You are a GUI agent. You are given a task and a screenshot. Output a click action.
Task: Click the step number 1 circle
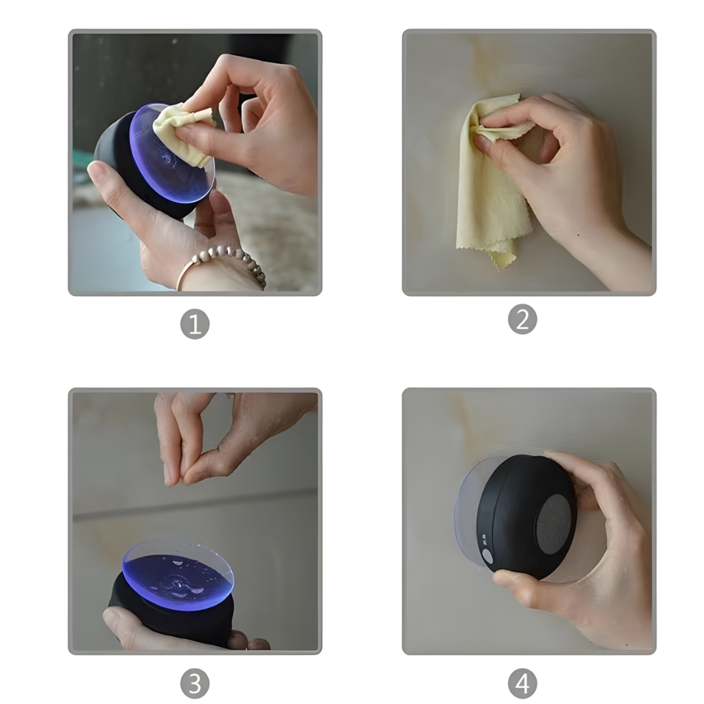[x=194, y=324]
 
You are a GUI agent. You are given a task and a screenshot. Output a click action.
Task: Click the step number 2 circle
[x=522, y=319]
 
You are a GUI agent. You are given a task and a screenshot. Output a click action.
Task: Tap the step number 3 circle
[x=194, y=683]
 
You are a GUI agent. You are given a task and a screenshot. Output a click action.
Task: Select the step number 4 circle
[x=522, y=683]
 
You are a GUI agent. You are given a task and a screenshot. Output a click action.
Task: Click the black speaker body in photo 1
[x=114, y=156]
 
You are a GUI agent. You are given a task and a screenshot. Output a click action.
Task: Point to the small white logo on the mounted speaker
[x=485, y=540]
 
